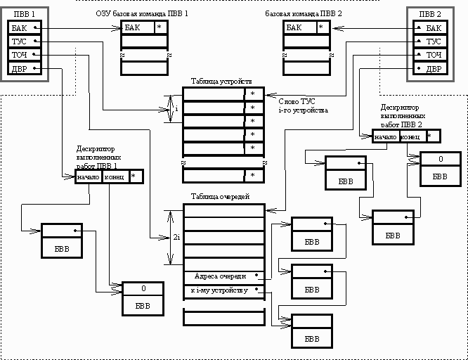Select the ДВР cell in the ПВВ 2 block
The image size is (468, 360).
tap(434, 68)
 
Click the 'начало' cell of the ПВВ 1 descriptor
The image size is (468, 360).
tap(89, 176)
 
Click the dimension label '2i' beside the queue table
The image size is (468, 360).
tap(176, 238)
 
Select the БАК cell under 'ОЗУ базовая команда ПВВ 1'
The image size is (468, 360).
tap(137, 27)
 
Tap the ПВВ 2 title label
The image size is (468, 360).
tap(430, 14)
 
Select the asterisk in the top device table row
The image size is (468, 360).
tap(252, 94)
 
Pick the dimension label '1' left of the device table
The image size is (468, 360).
tap(177, 110)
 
